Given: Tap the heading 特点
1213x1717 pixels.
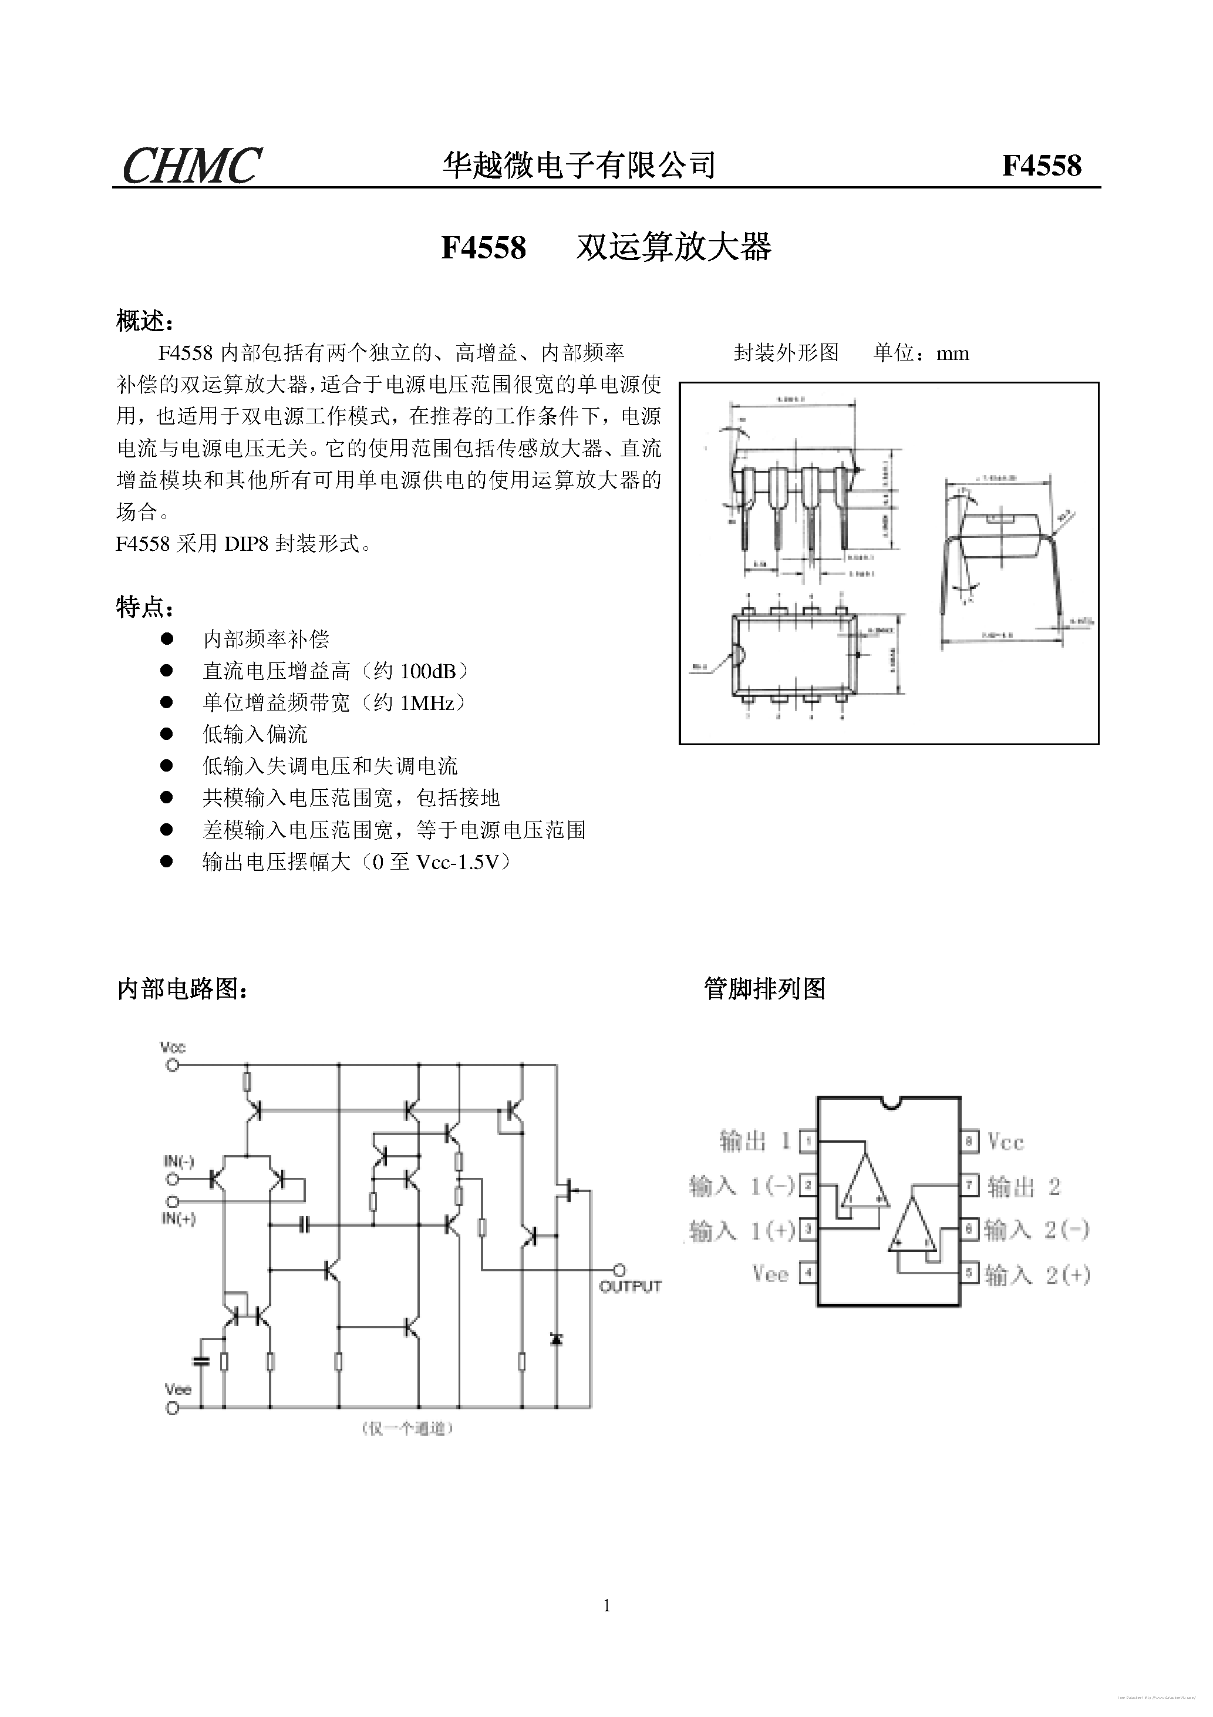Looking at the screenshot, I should pyautogui.click(x=145, y=607).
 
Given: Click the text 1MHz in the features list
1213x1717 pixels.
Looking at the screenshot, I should pyautogui.click(x=428, y=703).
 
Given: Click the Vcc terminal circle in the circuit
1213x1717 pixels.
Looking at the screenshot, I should pyautogui.click(x=173, y=1064).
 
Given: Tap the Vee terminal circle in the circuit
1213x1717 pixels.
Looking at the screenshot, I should pyautogui.click(x=173, y=1408).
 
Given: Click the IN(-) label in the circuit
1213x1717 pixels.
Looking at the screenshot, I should pyautogui.click(x=178, y=1161).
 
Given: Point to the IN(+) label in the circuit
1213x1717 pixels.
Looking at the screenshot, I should pyautogui.click(x=178, y=1219).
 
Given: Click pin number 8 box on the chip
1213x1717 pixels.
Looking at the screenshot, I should pyautogui.click(x=970, y=1142).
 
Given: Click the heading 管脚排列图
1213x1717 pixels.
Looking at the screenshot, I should pyautogui.click(x=764, y=989).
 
